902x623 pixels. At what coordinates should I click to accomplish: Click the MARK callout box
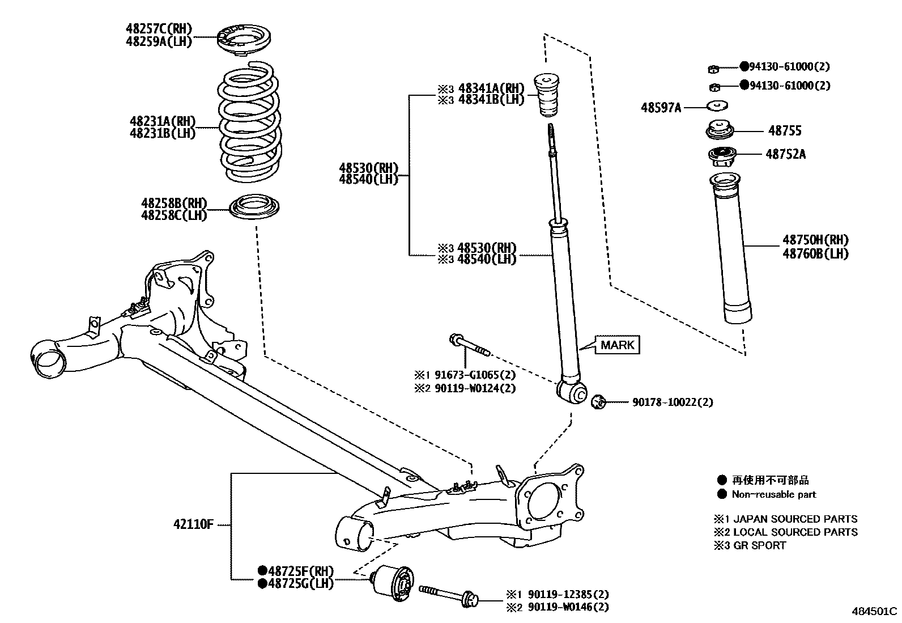[617, 345]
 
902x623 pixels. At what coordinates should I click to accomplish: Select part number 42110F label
[193, 524]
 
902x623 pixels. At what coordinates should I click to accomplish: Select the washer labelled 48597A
[718, 106]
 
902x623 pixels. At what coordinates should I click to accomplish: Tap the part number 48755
[785, 131]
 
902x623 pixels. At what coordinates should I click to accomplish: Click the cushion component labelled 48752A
[722, 154]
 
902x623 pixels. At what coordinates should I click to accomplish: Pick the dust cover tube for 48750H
[732, 249]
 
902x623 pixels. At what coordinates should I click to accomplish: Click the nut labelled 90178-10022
[598, 402]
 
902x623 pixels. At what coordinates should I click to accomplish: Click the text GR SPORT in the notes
[759, 545]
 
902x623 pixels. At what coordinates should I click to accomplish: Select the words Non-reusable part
[773, 494]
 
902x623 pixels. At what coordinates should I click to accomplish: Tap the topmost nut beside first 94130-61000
[714, 69]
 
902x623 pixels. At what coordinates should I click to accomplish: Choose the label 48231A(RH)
[162, 121]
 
